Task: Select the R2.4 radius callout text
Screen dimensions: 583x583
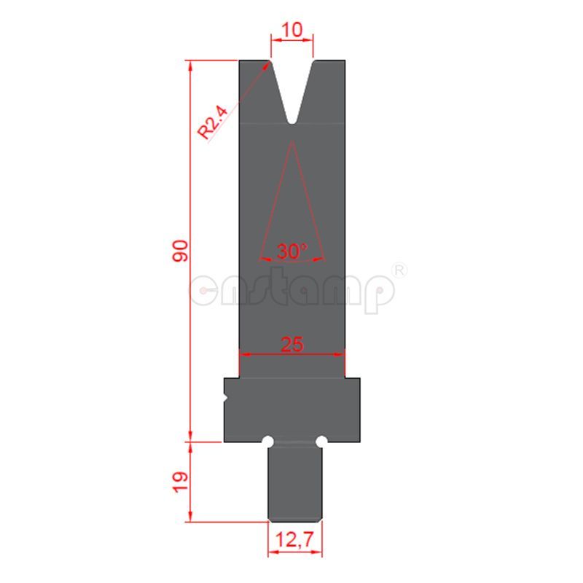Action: pyautogui.click(x=213, y=122)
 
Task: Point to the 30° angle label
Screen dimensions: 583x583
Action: pyautogui.click(x=291, y=252)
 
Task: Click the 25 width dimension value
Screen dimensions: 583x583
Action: pyautogui.click(x=291, y=344)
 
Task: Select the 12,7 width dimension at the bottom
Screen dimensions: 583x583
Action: pyautogui.click(x=294, y=540)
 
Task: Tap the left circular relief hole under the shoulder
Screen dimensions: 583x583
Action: pyautogui.click(x=268, y=442)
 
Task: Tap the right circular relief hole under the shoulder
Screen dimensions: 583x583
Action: pyautogui.click(x=321, y=442)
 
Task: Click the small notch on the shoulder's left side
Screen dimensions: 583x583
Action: pyautogui.click(x=226, y=398)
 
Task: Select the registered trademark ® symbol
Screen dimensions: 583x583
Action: pyautogui.click(x=399, y=270)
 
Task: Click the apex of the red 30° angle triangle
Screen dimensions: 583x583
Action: pyautogui.click(x=291, y=143)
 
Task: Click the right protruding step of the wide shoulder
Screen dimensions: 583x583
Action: pyautogui.click(x=352, y=408)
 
